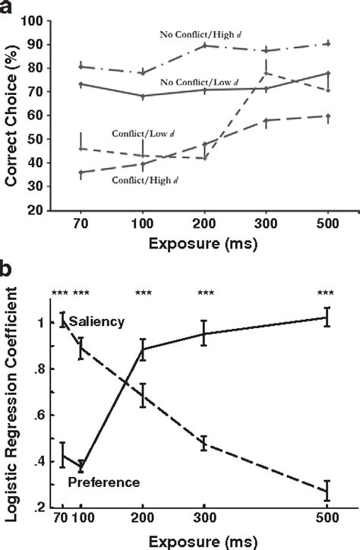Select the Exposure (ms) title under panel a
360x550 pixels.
(x=203, y=248)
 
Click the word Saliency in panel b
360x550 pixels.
(x=96, y=322)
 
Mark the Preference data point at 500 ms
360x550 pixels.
(x=327, y=317)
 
